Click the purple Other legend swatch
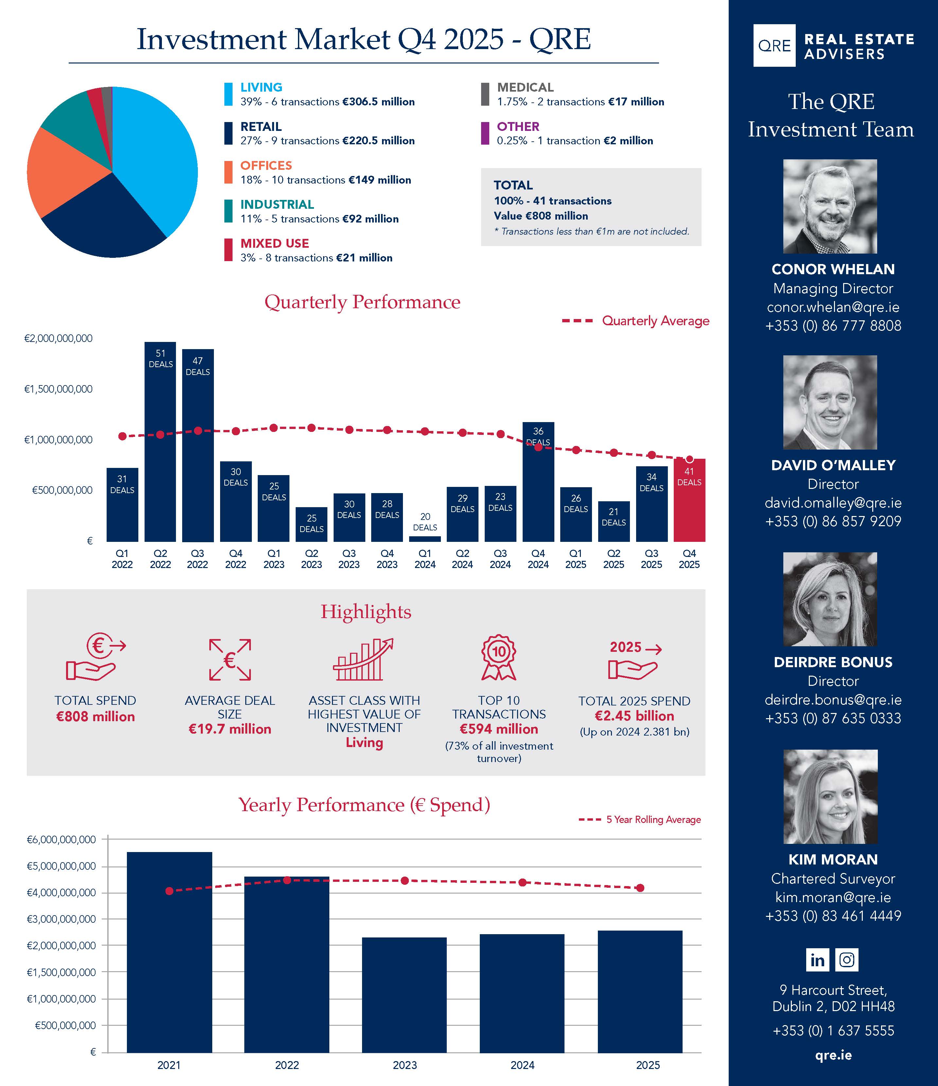tap(485, 133)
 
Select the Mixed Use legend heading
tap(275, 243)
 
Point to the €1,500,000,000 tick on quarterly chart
tap(59, 389)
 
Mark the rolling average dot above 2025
tap(640, 888)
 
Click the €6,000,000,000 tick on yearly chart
tap(61, 840)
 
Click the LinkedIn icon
tap(817, 960)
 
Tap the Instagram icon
tap(847, 960)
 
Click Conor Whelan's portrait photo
tap(830, 206)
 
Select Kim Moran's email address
tap(833, 897)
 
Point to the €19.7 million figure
tap(230, 729)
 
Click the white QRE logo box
tap(774, 45)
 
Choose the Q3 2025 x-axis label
tap(651, 559)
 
